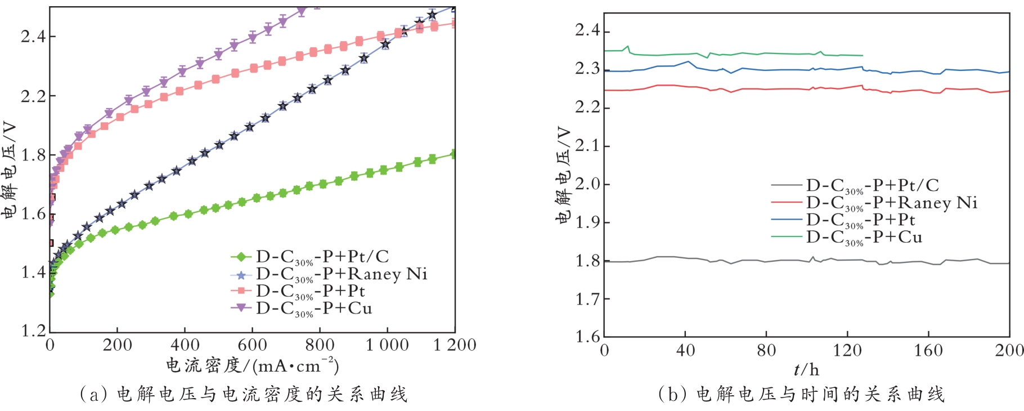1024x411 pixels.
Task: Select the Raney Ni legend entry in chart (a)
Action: tap(341, 274)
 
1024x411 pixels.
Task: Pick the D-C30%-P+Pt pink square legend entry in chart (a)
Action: tap(310, 291)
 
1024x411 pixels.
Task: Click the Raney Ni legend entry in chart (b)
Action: tap(891, 203)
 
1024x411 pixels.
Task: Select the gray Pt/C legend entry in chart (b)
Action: tap(872, 185)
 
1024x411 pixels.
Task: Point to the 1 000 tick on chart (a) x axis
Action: tap(387, 345)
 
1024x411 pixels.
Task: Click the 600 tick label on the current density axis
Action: tap(252, 345)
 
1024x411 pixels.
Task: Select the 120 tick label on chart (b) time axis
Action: tap(847, 351)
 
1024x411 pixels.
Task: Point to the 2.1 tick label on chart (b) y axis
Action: tap(587, 146)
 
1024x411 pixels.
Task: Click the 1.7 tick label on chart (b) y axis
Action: tap(587, 299)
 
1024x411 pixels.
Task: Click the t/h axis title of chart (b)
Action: tap(806, 370)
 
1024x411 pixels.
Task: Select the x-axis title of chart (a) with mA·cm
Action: tap(252, 366)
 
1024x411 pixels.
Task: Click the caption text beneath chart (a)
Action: tap(243, 394)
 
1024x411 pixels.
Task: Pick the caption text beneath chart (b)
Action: tap(801, 394)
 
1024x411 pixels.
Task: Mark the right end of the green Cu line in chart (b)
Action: tap(863, 55)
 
